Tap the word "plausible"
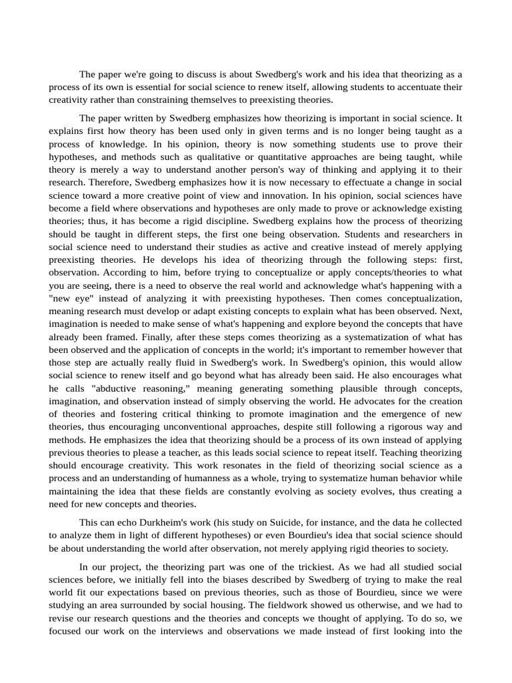(339, 388)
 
